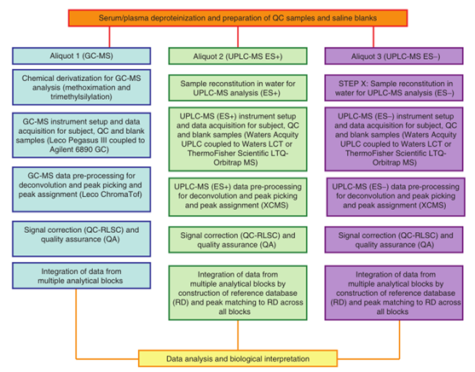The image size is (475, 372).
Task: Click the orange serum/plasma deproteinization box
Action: click(x=238, y=18)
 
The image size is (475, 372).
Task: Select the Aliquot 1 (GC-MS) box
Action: click(x=82, y=56)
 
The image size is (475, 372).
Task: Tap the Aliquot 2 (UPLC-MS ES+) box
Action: click(x=238, y=56)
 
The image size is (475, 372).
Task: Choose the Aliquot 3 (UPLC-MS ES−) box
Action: click(x=394, y=56)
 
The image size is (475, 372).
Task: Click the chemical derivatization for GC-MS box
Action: click(x=82, y=87)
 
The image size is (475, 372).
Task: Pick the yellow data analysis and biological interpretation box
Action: click(x=238, y=358)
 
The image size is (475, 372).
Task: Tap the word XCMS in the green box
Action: click(x=275, y=206)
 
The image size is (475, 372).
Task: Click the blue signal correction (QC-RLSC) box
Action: click(x=82, y=239)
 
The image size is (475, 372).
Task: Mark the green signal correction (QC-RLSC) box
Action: click(x=238, y=240)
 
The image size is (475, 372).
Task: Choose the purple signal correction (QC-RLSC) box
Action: click(x=394, y=240)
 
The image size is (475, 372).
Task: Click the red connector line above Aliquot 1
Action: click(x=109, y=37)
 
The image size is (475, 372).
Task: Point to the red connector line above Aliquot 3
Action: click(x=374, y=37)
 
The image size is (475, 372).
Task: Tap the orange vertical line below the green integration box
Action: click(x=238, y=335)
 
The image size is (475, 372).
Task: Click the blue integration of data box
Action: click(x=82, y=276)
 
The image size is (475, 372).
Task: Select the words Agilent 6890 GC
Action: click(x=79, y=150)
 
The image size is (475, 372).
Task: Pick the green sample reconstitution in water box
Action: click(x=238, y=88)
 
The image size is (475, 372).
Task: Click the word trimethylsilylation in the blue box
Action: click(x=81, y=97)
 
